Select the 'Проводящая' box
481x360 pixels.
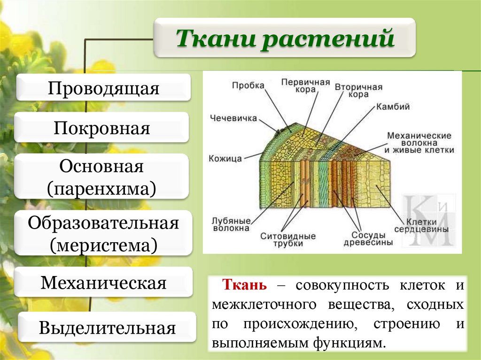click(x=103, y=88)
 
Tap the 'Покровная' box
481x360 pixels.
click(x=101, y=128)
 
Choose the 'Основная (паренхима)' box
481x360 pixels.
click(x=101, y=177)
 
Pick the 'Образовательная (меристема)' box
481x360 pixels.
click(x=103, y=233)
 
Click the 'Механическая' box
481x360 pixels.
click(x=103, y=283)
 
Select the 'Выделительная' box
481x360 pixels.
click(x=107, y=328)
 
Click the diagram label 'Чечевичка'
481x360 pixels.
click(x=233, y=118)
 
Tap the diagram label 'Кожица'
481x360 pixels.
click(x=225, y=158)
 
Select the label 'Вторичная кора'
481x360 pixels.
click(x=358, y=90)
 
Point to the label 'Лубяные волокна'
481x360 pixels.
click(x=231, y=224)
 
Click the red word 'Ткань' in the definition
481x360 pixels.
click(x=245, y=284)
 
